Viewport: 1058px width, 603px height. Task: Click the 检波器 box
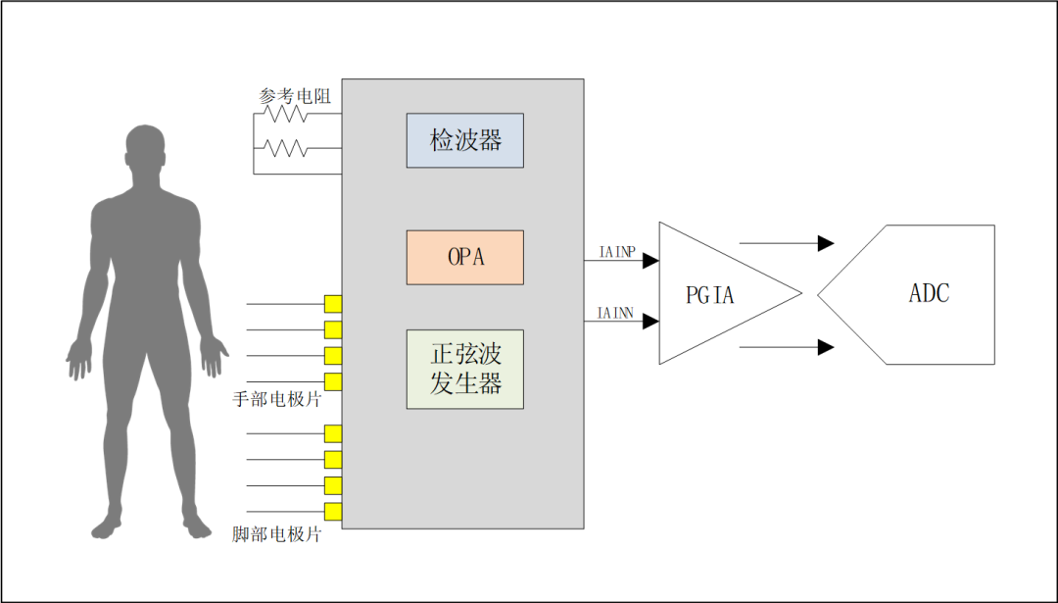click(x=465, y=140)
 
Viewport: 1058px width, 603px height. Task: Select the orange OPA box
click(x=465, y=257)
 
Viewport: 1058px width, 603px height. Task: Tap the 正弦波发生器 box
click(x=465, y=369)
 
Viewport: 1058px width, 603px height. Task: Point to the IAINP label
click(x=616, y=252)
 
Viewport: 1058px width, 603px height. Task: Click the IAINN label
click(x=616, y=314)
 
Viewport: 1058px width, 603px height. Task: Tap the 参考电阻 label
click(x=295, y=96)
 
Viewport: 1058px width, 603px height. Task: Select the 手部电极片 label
click(x=277, y=400)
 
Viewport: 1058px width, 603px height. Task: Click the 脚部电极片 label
click(x=277, y=535)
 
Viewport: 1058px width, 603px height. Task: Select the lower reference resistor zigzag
click(x=287, y=149)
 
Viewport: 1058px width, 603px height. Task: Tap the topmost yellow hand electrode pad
click(x=333, y=303)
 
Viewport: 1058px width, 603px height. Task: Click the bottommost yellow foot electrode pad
click(x=333, y=511)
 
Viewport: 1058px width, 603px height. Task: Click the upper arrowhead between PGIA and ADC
click(x=826, y=242)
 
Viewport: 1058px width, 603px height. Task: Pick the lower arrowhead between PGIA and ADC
click(x=826, y=346)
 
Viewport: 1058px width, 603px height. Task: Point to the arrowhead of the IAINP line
click(x=650, y=261)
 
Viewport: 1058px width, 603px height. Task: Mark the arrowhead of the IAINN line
click(x=650, y=322)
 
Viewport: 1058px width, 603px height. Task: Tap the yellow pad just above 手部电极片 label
click(x=333, y=381)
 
